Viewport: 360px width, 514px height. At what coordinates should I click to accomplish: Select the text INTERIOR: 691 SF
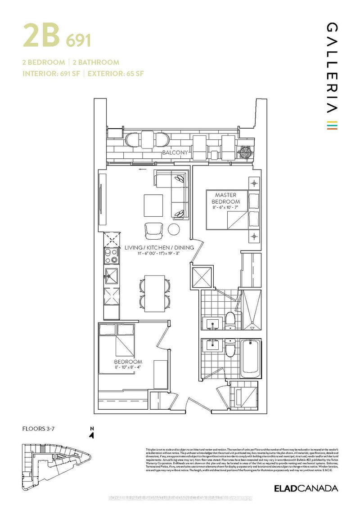51,74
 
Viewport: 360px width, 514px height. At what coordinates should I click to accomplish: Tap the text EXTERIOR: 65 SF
115,74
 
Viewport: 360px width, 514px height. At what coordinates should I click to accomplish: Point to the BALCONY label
175,153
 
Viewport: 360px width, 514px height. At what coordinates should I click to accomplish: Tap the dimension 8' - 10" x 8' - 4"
128,367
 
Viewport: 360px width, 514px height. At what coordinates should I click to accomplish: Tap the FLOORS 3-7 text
38,429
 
